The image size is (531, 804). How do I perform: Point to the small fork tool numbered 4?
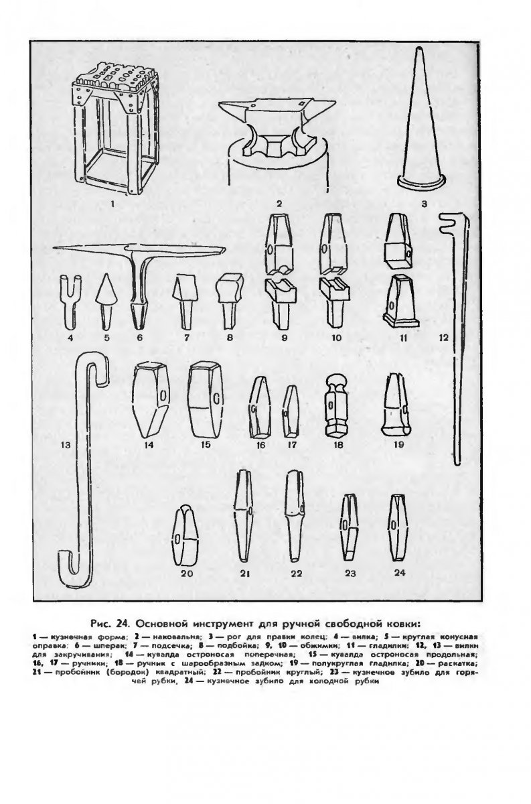tap(70, 297)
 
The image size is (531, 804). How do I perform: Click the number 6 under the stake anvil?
tap(140, 338)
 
